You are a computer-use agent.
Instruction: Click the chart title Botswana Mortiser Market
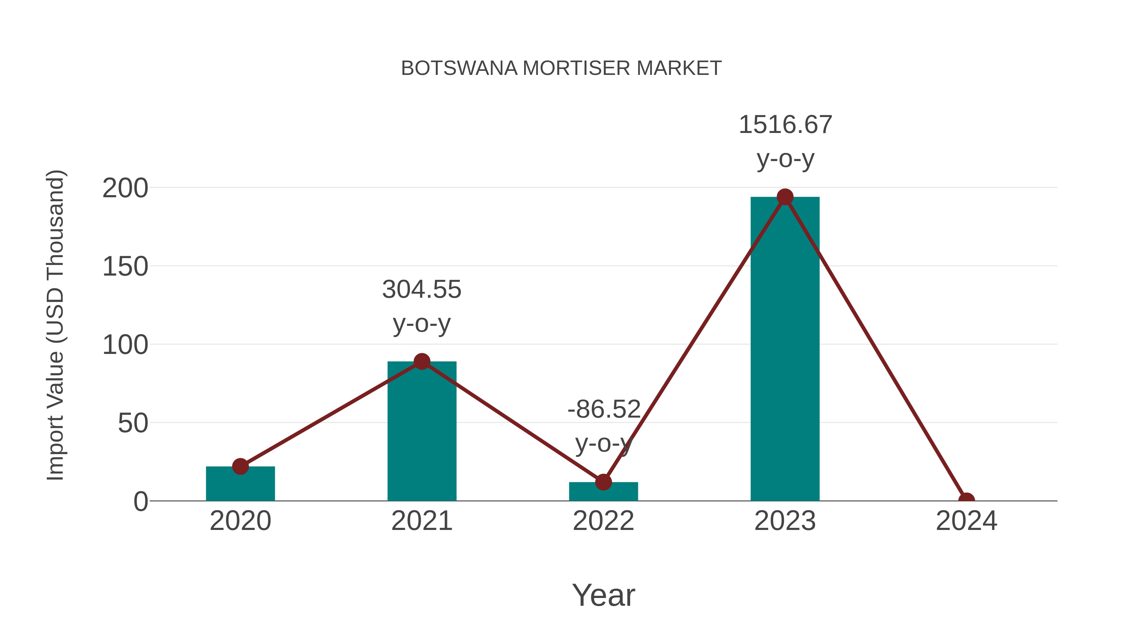pos(561,68)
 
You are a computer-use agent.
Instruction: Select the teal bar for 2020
pos(240,484)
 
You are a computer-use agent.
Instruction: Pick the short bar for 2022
pos(603,492)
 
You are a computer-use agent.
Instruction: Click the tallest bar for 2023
pos(785,349)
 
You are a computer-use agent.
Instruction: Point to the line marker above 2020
pos(240,467)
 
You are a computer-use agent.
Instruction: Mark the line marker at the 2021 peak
pos(421,361)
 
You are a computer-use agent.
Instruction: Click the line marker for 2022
pos(603,482)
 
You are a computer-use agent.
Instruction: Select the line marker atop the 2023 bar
pos(785,197)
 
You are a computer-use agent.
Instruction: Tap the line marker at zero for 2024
pos(966,500)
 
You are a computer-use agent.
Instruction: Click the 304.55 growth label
pos(421,290)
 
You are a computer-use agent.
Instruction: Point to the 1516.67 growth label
pos(785,125)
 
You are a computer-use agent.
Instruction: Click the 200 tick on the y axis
pos(125,189)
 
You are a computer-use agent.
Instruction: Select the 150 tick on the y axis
pos(125,267)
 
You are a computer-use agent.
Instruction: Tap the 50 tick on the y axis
pos(133,423)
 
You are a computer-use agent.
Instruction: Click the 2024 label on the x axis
pos(966,521)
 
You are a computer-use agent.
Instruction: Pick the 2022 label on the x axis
pos(603,521)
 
